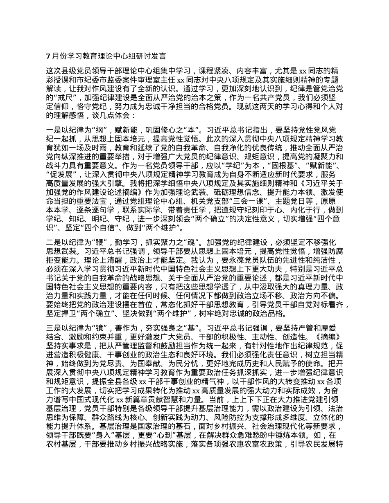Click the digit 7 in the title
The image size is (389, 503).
48,56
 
